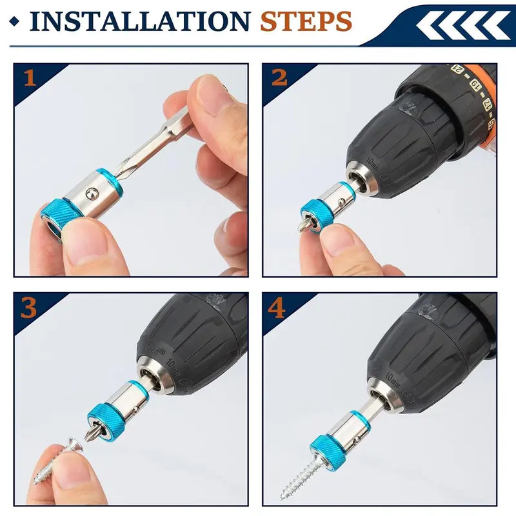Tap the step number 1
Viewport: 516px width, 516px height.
click(30, 78)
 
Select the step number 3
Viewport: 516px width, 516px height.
click(30, 308)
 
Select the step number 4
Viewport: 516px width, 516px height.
click(277, 308)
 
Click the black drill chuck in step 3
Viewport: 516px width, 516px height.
click(193, 335)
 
